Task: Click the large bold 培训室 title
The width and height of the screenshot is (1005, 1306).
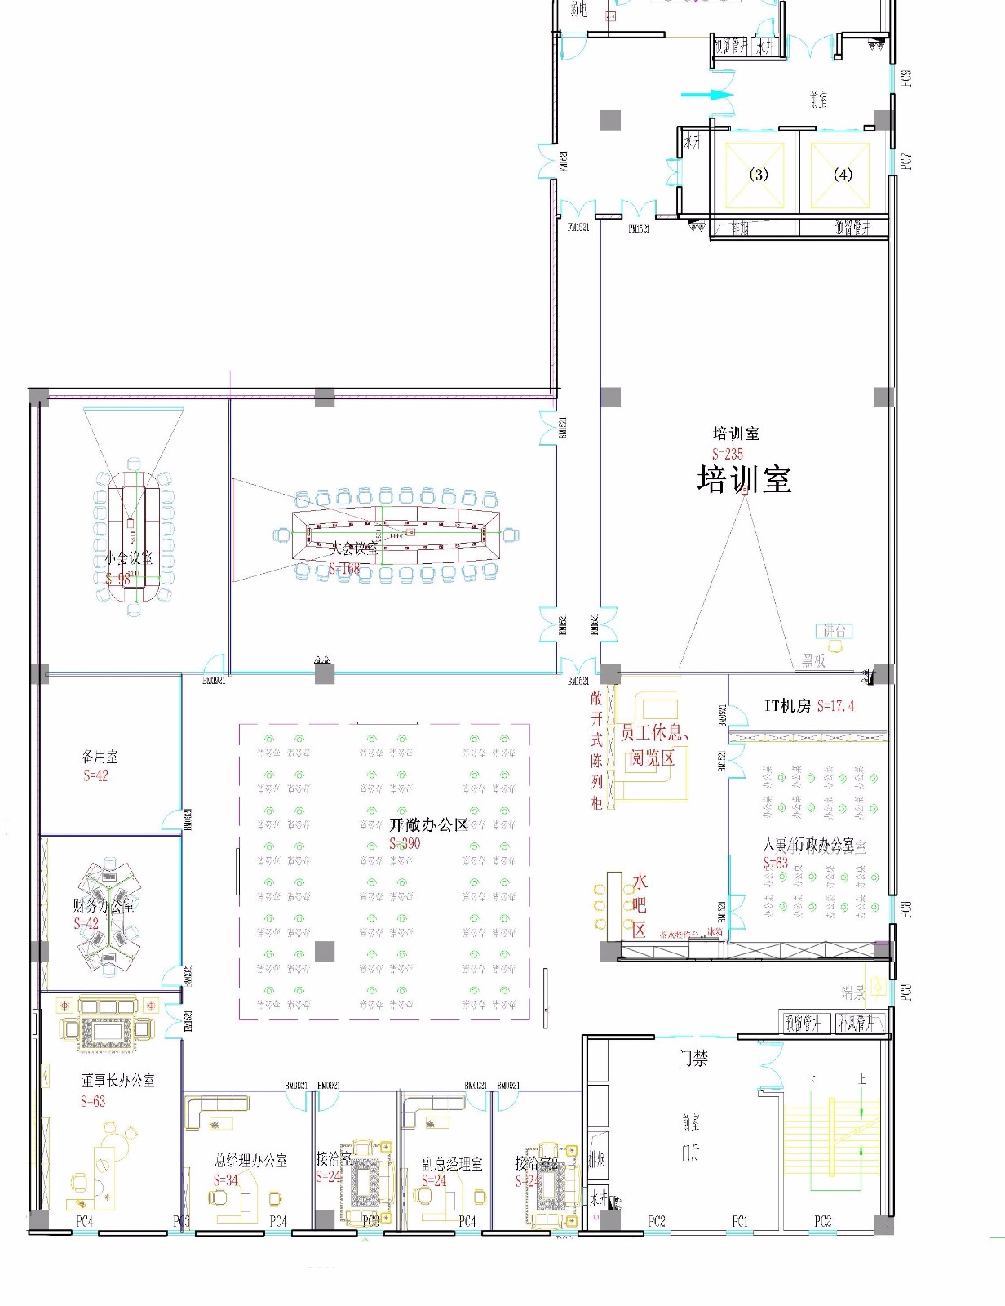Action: [744, 479]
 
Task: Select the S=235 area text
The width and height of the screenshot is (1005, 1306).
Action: [728, 454]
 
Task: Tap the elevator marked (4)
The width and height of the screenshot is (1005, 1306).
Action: [843, 175]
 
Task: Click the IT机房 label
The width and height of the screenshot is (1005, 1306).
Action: [787, 706]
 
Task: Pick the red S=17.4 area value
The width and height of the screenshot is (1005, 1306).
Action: [835, 706]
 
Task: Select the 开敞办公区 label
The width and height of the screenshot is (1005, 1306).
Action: [428, 825]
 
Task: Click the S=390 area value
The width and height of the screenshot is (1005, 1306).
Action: [405, 843]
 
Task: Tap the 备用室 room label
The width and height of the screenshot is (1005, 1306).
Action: [100, 757]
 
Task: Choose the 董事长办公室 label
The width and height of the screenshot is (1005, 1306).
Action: [118, 1080]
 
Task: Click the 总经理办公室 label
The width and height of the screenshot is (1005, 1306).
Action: [250, 1160]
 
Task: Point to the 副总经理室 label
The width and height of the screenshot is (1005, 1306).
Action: [452, 1163]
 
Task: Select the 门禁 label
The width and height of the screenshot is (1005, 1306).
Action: [693, 1059]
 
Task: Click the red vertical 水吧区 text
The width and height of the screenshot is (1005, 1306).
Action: [640, 904]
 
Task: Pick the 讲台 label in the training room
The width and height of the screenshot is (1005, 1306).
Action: [834, 630]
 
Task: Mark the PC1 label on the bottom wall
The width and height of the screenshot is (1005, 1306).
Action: [740, 1221]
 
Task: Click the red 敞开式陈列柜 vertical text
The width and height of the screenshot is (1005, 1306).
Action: [597, 749]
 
